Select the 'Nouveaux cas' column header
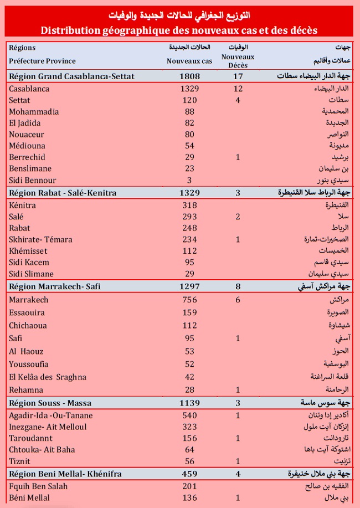[x=189, y=61]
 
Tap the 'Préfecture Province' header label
[x=43, y=61]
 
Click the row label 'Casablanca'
[x=29, y=89]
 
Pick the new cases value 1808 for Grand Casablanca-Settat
[x=190, y=76]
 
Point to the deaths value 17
[x=238, y=76]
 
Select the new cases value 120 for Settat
[x=190, y=100]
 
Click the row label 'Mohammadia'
[x=34, y=111]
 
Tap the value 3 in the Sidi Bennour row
[x=190, y=180]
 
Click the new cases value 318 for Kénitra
[x=190, y=205]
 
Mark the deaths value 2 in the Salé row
[x=238, y=217]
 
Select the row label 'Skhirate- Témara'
[x=41, y=239]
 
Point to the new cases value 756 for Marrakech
[x=190, y=300]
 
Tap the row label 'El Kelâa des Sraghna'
[x=48, y=377]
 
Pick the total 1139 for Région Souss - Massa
[x=190, y=403]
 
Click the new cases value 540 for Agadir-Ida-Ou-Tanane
[x=190, y=415]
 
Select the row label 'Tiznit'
[x=20, y=461]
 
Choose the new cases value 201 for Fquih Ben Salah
[x=190, y=486]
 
